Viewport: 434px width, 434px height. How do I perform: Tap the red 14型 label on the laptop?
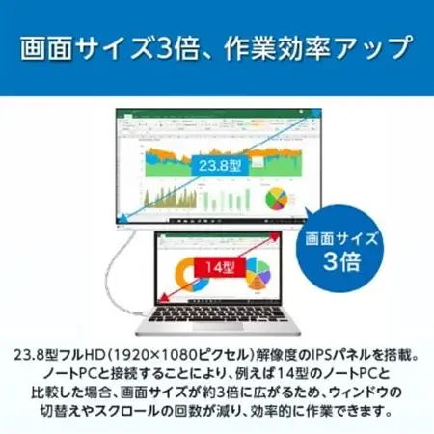point(213,261)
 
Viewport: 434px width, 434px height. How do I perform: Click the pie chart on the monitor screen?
point(278,197)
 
